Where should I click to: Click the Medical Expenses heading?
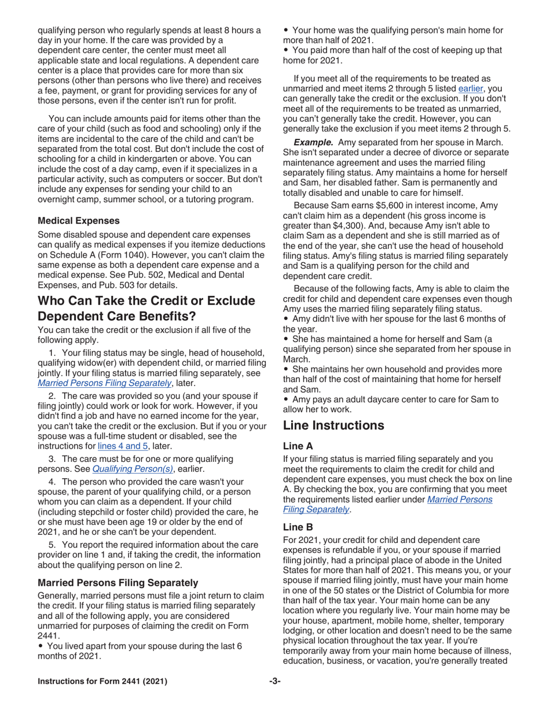pos(78,221)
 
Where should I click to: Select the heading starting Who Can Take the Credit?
pos(146,309)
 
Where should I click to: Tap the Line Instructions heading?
pos(333,425)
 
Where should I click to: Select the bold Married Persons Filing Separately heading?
pos(118,582)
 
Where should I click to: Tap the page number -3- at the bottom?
pos(274,681)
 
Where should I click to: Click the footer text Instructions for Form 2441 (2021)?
pos(102,681)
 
